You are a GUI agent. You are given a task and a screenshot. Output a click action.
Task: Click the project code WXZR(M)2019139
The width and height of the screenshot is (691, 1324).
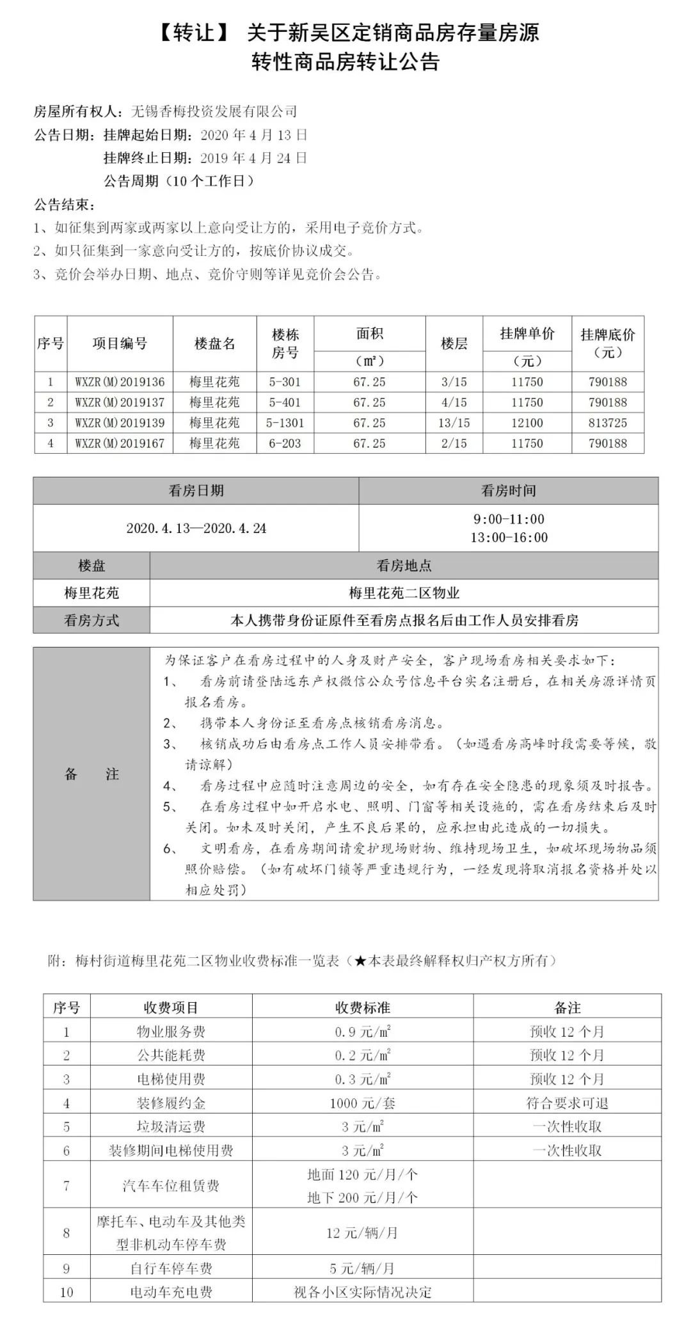click(x=120, y=423)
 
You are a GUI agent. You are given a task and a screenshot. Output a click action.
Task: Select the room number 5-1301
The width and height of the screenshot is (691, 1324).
click(x=285, y=423)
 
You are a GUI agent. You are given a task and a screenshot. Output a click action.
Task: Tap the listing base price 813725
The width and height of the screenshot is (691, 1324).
click(x=608, y=423)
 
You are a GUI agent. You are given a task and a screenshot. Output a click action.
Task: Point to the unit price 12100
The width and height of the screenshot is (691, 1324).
click(x=527, y=423)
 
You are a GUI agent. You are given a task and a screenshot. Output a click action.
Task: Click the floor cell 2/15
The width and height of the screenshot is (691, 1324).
click(x=454, y=443)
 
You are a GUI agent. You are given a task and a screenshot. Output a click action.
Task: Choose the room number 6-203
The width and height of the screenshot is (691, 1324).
click(x=285, y=443)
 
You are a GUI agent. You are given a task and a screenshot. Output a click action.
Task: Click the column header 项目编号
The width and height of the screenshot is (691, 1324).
click(x=120, y=344)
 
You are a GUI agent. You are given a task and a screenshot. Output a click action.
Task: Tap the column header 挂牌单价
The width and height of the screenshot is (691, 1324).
click(x=527, y=333)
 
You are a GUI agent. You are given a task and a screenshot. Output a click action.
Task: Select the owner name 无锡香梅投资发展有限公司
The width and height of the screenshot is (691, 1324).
click(x=214, y=111)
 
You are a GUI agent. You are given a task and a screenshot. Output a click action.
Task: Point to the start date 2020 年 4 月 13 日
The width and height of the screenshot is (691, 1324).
click(x=254, y=135)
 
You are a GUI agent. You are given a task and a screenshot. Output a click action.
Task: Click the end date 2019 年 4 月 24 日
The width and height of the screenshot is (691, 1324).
click(x=254, y=158)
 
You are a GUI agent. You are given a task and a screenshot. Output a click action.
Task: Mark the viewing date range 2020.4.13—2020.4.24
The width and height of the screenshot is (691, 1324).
click(x=196, y=529)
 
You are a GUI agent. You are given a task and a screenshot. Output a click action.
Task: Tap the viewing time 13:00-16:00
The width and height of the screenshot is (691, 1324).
click(x=509, y=538)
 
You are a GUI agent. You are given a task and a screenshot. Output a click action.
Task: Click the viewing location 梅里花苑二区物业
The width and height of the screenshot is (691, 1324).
click(x=404, y=593)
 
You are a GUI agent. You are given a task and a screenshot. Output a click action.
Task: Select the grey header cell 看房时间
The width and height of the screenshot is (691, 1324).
click(x=509, y=491)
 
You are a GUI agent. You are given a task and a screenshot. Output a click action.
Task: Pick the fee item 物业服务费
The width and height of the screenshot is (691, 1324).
click(x=171, y=1032)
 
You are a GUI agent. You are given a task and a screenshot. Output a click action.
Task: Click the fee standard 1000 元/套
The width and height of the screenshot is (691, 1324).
click(x=362, y=1103)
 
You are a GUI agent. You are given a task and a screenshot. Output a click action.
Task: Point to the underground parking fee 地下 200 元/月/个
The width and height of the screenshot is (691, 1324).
click(x=362, y=1197)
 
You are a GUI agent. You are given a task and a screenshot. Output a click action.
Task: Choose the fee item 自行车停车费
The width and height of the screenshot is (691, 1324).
click(x=171, y=1268)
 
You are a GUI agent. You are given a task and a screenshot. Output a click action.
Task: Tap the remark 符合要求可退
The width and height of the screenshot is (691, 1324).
click(x=567, y=1103)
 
